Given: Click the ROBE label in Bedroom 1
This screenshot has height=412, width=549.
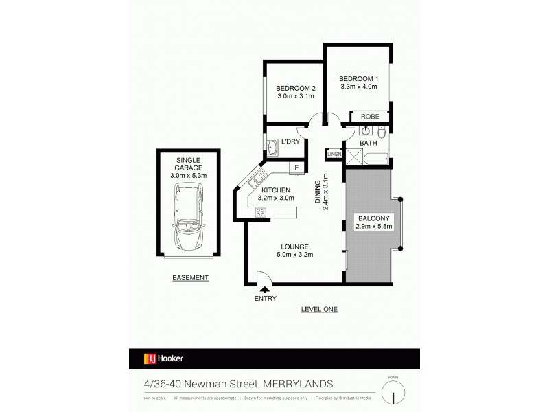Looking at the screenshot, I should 369,117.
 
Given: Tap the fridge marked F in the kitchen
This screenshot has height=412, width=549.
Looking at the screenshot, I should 297,167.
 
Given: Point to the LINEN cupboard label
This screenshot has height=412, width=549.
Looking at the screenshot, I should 334,154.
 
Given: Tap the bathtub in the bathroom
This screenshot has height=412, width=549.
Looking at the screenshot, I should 375,159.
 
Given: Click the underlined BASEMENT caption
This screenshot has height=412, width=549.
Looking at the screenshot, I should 190,278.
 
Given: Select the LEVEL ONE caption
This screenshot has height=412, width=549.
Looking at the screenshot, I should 319,310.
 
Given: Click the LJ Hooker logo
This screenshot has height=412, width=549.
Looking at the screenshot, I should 163,358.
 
